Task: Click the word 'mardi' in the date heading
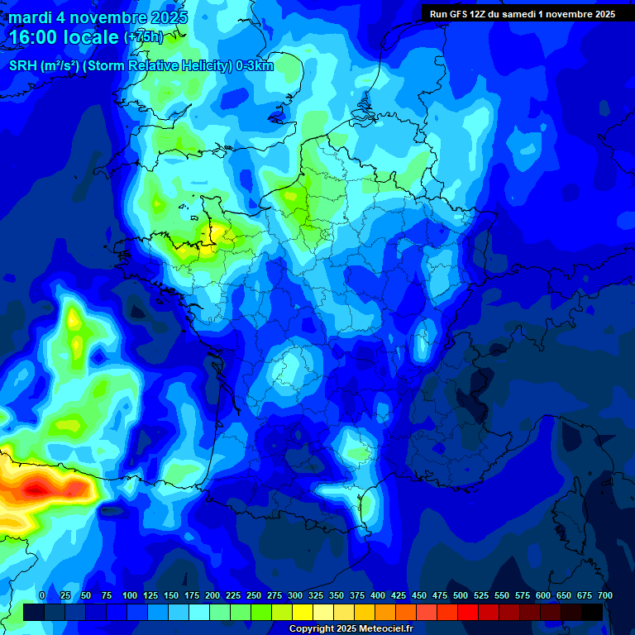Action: tap(30, 17)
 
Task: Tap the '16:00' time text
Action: tap(36, 37)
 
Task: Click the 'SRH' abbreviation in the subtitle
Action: tap(24, 66)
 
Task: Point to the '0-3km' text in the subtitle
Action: tap(255, 66)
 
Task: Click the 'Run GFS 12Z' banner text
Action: tap(464, 13)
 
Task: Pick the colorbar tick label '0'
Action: tap(42, 595)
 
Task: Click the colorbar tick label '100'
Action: tap(130, 595)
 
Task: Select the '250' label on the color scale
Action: tap(254, 595)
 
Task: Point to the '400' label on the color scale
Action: tap(378, 595)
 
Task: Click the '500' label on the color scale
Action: tap(461, 595)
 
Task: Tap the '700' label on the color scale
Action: tap(605, 595)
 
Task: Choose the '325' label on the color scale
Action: tap(316, 595)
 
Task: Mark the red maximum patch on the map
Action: tap(37, 490)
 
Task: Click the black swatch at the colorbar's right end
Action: tap(592, 612)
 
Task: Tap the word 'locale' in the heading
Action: tap(89, 37)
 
